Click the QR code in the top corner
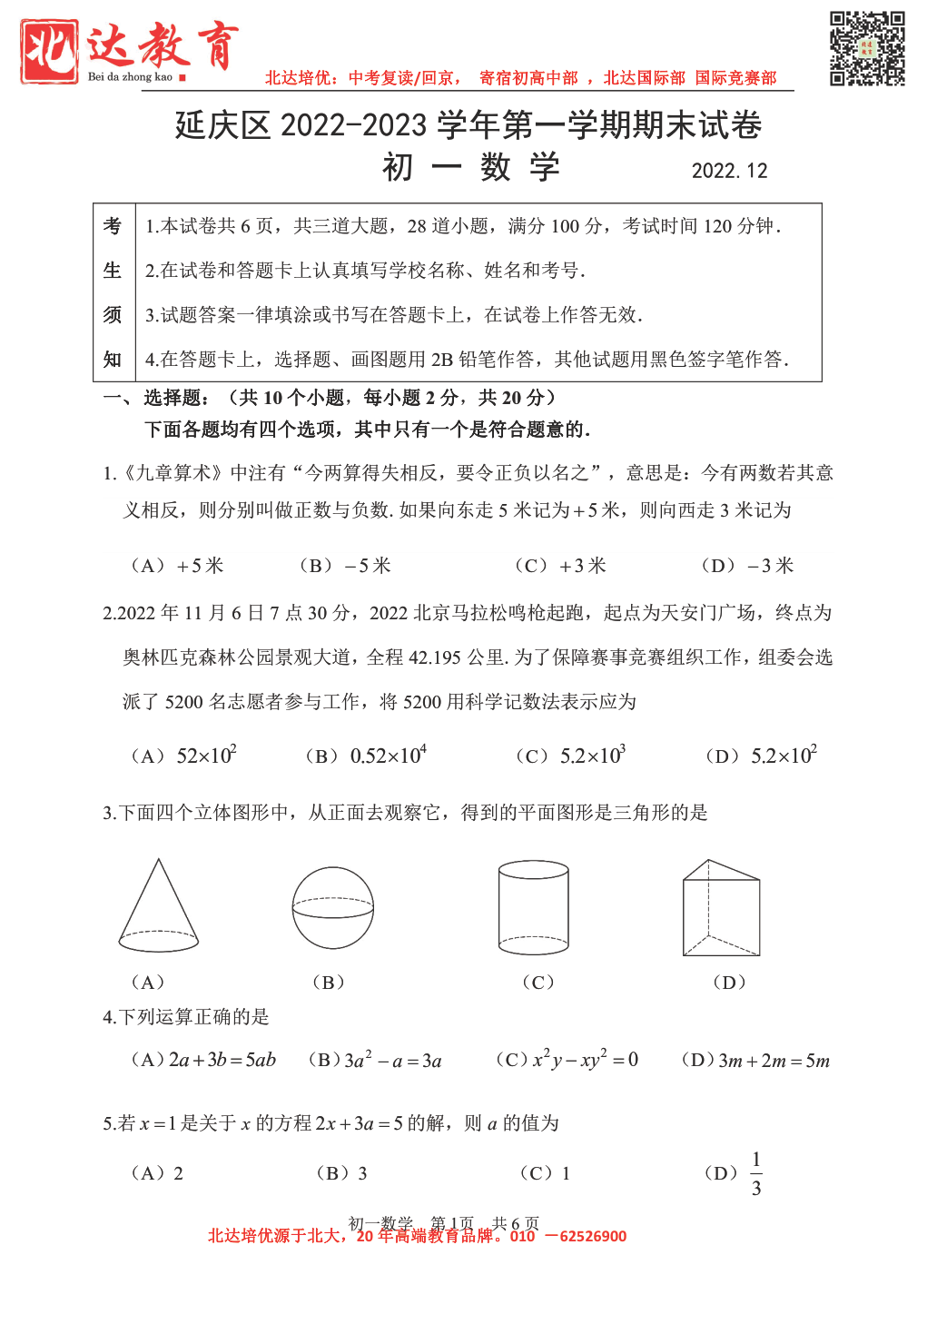(867, 48)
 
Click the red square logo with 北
(50, 52)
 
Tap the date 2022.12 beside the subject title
(729, 171)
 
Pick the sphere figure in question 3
(333, 907)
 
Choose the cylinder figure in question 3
(534, 907)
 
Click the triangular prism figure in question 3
(721, 908)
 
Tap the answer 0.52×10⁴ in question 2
(388, 756)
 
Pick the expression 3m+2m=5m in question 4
(774, 1061)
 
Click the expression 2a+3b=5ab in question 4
(222, 1060)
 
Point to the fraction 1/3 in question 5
(756, 1173)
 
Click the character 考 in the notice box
(113, 226)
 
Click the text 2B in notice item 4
(442, 360)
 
